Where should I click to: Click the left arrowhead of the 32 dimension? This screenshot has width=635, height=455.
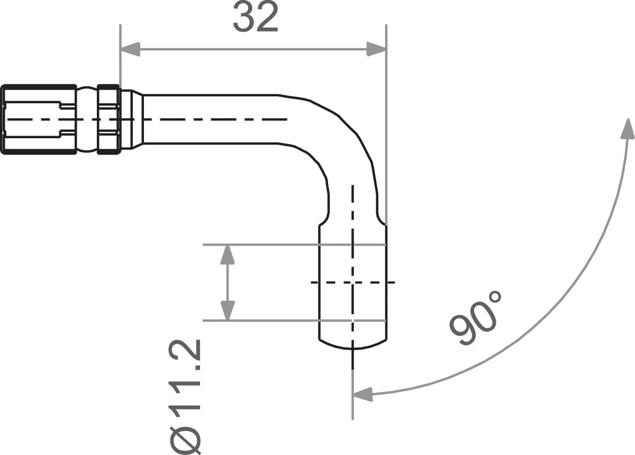(x=130, y=50)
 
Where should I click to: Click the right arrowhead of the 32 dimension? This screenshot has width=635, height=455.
(x=377, y=50)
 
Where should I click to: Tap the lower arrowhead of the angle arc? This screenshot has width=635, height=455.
(x=363, y=394)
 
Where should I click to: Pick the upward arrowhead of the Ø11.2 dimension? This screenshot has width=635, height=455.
(x=228, y=255)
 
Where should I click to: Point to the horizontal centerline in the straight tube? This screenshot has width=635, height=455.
(x=212, y=120)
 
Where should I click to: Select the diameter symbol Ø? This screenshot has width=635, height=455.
(x=185, y=437)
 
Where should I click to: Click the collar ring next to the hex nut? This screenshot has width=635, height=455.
(x=108, y=120)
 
